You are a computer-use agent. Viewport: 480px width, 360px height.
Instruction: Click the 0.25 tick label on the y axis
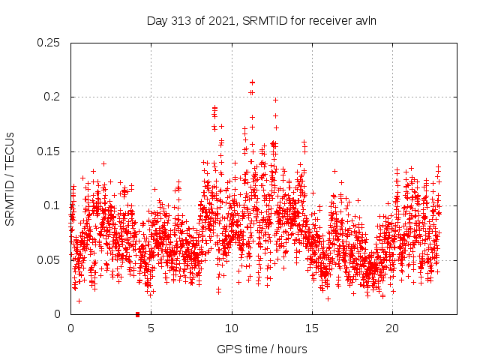49,43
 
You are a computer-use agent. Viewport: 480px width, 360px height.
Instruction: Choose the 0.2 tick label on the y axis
54,97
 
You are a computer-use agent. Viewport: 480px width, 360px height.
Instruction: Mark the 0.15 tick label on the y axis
49,151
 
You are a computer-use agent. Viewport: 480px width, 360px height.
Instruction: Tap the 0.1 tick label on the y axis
54,205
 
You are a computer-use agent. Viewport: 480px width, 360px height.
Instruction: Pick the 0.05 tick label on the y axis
49,260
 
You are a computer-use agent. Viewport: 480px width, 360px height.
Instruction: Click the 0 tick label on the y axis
58,314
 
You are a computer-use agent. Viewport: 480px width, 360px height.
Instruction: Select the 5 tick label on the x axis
151,328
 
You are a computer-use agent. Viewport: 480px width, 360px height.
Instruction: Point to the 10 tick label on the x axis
231,328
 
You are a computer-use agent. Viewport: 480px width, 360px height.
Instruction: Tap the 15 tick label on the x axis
311,328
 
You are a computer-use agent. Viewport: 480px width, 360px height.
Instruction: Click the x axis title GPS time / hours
262,349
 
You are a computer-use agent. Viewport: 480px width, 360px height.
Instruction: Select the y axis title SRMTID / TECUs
10,178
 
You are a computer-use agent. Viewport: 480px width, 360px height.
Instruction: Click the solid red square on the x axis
138,314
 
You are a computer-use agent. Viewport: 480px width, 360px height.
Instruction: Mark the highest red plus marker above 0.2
252,82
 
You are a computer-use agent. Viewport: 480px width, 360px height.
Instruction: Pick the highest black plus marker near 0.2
275,100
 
